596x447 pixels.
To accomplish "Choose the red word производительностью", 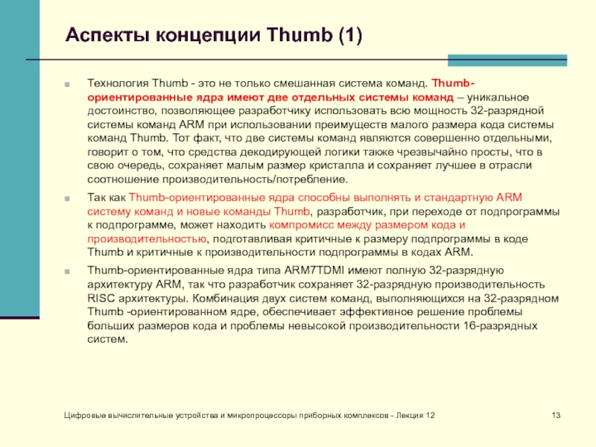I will click(x=147, y=238).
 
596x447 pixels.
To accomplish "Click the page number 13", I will click(x=555, y=414).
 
